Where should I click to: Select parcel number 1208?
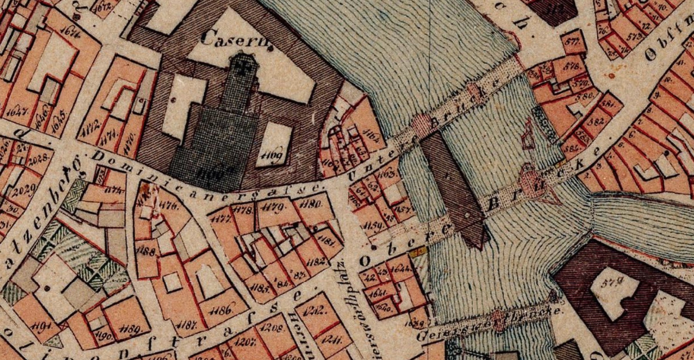click(x=273, y=329)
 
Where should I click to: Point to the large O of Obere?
click(x=365, y=261)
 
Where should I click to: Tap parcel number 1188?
click(x=147, y=252)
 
